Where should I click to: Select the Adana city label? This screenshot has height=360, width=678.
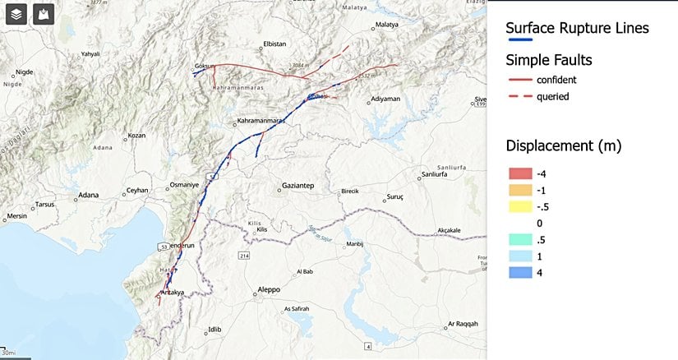pos(88,196)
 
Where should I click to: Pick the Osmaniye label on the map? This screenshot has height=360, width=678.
pos(184,185)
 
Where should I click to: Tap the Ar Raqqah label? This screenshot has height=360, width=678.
pos(462,324)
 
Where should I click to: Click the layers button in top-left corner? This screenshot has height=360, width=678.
pos(17,14)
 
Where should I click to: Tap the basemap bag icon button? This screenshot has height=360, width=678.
pos(44,14)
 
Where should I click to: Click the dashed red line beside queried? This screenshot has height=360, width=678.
pos(519,96)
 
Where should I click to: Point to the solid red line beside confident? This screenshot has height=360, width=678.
pos(519,80)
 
